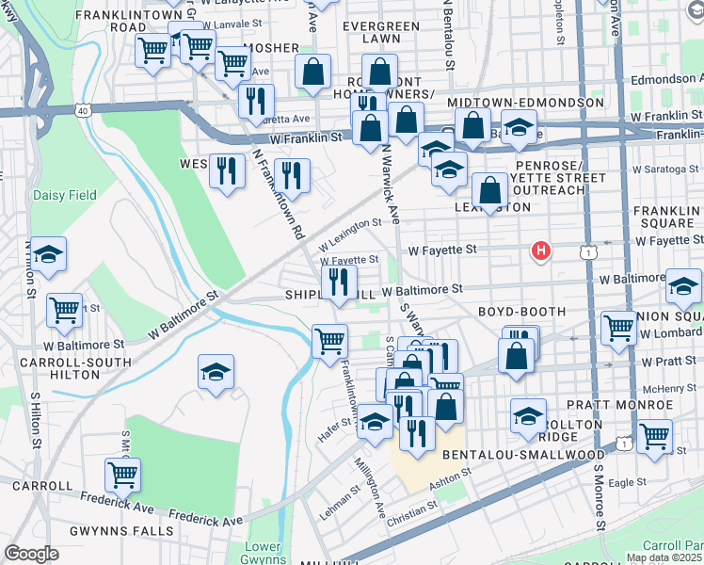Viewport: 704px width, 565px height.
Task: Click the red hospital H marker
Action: tap(540, 250)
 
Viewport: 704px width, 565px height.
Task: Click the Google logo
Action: tap(31, 554)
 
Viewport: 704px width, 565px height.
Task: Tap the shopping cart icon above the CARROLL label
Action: tap(122, 476)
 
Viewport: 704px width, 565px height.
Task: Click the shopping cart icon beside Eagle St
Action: tap(654, 435)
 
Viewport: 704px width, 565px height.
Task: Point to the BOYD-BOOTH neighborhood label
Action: tap(521, 312)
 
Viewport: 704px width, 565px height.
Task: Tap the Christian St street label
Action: tap(412, 511)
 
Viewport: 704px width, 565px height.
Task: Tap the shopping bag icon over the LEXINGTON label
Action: tap(489, 191)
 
